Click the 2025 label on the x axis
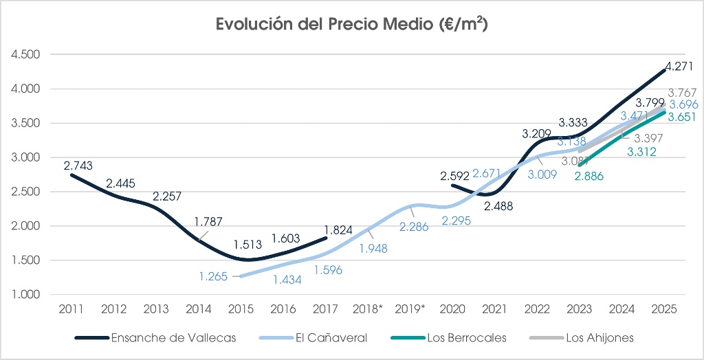pos(664,309)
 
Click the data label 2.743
pos(78,166)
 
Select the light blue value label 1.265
pos(214,276)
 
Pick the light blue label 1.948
pos(372,249)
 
